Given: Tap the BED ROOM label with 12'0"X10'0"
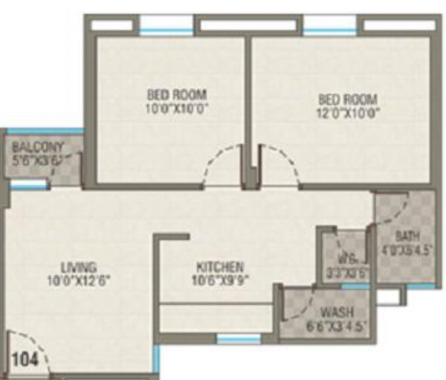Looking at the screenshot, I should coord(348,99).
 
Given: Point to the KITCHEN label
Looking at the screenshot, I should coord(220,267).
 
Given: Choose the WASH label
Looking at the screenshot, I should coord(337,312).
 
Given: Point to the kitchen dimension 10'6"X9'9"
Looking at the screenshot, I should coord(220,280).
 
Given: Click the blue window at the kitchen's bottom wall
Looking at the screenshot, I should coord(238,339).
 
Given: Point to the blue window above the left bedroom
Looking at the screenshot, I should coord(167,31).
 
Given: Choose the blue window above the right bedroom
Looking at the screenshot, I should coord(330,31).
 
